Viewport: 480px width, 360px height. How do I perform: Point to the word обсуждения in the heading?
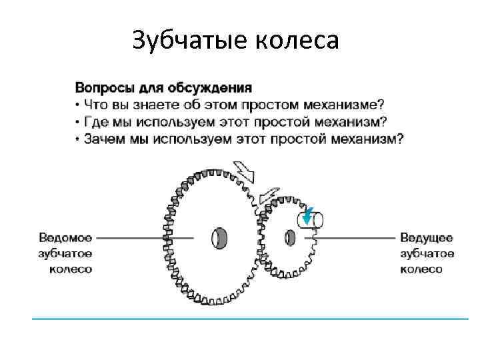[x=213, y=88]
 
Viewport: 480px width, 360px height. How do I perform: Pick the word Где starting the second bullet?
[x=93, y=122]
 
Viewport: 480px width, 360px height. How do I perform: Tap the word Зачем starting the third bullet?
[x=101, y=139]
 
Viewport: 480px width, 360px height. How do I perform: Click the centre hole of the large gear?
[x=219, y=237]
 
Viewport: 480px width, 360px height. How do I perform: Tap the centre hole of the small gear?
[x=291, y=237]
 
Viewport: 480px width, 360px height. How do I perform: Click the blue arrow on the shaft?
[x=307, y=216]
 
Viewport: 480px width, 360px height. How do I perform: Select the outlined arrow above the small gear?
[x=270, y=194]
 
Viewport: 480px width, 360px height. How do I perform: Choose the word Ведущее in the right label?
[x=427, y=237]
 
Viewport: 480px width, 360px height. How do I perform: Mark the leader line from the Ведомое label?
[x=143, y=237]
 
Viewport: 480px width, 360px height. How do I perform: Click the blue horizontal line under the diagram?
[x=250, y=319]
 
